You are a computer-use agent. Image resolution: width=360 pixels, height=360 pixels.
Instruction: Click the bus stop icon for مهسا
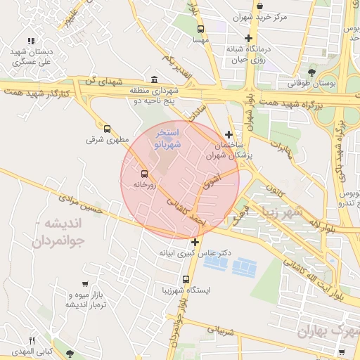[201, 30]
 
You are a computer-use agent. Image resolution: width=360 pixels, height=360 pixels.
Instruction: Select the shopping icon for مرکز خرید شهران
[259, 6]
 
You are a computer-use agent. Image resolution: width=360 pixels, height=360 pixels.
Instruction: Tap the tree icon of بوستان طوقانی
[311, 71]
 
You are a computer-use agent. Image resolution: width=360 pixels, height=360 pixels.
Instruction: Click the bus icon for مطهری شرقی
[107, 129]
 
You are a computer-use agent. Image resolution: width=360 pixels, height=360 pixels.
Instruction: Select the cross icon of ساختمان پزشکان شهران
[229, 134]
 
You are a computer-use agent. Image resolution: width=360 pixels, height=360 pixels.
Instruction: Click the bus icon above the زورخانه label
[144, 173]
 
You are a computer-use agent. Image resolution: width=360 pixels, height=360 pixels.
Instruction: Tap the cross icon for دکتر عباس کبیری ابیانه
[195, 242]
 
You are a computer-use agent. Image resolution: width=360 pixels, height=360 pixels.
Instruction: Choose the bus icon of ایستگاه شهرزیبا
[186, 278]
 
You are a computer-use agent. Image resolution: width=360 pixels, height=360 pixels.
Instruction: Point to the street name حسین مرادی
[82, 203]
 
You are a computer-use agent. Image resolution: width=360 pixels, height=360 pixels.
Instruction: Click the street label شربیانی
[214, 329]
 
